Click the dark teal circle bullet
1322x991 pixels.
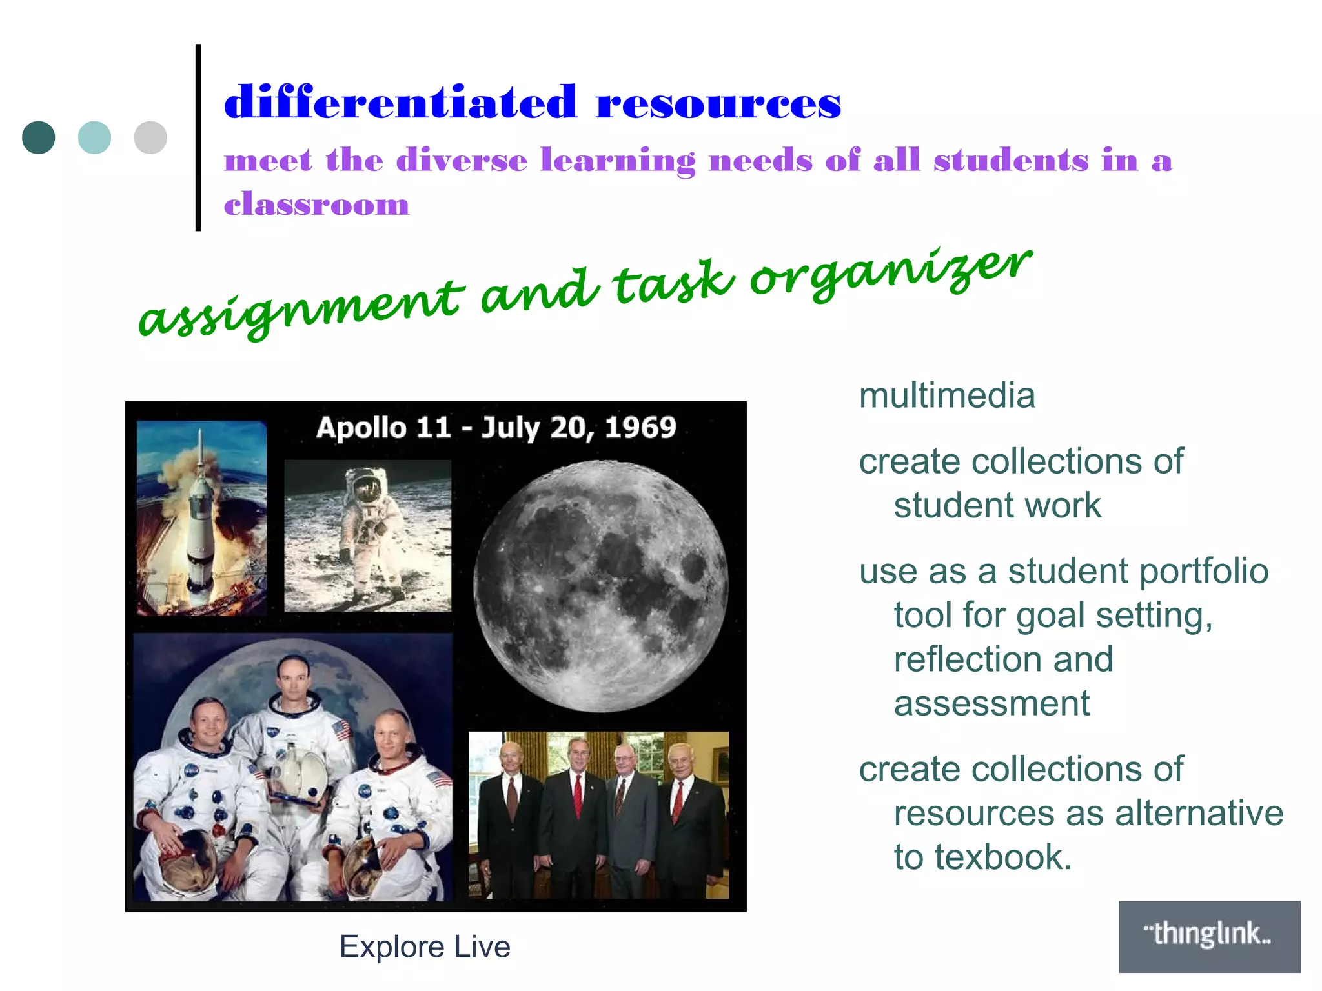coord(39,137)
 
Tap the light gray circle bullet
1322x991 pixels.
coord(150,137)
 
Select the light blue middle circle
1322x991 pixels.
coord(94,137)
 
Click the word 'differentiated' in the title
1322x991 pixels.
coord(400,103)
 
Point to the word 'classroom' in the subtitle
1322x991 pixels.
coord(316,205)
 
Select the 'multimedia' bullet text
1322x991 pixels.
coord(947,395)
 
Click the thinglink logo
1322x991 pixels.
coord(1209,936)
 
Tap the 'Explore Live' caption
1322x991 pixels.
coord(425,947)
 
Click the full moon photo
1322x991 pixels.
coord(600,586)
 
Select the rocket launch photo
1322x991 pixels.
coord(201,518)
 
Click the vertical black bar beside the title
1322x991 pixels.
coord(198,137)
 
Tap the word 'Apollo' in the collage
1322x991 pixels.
coord(361,428)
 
